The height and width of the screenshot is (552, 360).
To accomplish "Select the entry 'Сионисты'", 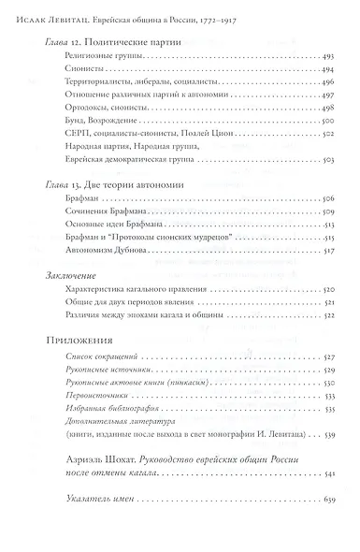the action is [72, 69].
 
